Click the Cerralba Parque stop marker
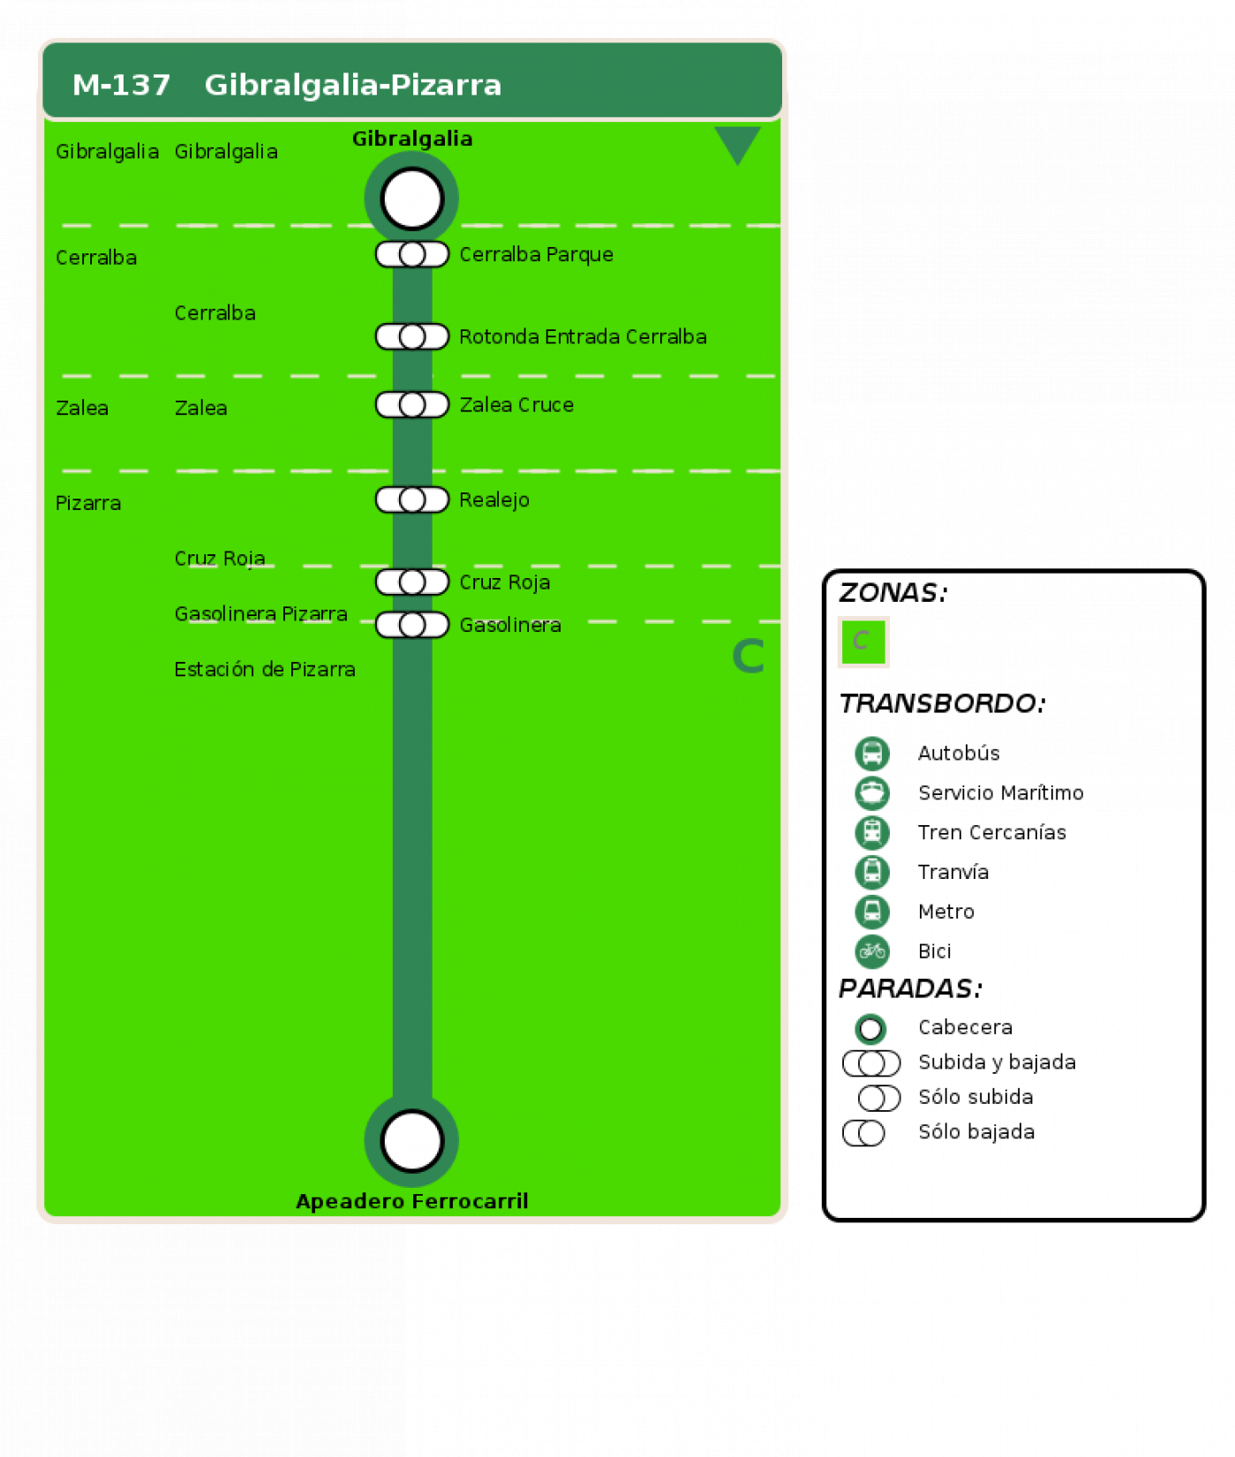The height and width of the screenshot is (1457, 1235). point(411,254)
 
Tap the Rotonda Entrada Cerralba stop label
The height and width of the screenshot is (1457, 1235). point(583,336)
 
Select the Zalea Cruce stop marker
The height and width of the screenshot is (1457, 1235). point(411,405)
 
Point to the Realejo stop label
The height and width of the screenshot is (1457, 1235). point(494,499)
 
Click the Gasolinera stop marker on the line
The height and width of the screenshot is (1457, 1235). point(411,625)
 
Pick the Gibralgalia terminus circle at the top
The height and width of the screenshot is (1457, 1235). point(411,199)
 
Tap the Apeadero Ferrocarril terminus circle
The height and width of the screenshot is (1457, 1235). point(411,1140)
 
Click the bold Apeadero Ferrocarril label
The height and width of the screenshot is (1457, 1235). point(411,1201)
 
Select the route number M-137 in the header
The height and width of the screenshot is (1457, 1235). point(121,85)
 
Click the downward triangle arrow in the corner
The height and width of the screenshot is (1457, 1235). point(737,144)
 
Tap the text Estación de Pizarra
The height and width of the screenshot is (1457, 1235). point(265,669)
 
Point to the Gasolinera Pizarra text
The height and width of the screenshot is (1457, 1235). point(260,613)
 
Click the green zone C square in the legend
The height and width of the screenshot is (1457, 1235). point(863,642)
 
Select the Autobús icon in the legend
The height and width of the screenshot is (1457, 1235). point(872,754)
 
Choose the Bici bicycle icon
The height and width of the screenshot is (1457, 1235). point(872,951)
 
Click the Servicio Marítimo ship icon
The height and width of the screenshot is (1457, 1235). point(872,792)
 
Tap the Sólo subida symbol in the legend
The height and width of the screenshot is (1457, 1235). point(879,1098)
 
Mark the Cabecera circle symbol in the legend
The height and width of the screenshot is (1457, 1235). point(870,1028)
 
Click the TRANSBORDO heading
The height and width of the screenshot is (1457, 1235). point(943,703)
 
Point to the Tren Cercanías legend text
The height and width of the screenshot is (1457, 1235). point(992,832)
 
